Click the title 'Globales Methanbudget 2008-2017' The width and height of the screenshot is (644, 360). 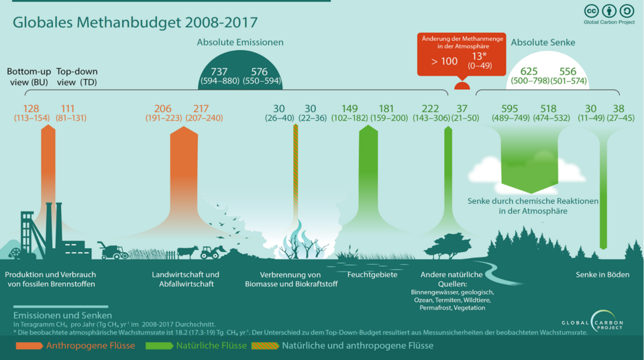coord(135,22)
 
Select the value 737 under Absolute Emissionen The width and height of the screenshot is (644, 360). coord(219,72)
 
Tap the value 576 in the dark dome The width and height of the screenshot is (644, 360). coord(260,72)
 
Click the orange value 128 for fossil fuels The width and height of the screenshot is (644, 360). coord(32,109)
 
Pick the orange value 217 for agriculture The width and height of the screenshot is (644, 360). coord(201,109)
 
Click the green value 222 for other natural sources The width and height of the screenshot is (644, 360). coord(430,109)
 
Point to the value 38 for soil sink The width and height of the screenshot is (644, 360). coord(618,109)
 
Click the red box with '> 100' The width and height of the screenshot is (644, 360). coord(444,61)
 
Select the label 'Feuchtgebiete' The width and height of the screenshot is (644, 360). coord(372,275)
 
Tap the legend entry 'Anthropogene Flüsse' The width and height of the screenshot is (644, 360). coord(90,346)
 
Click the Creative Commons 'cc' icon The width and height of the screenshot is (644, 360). coord(592,11)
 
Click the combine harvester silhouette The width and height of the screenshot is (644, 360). coord(112,251)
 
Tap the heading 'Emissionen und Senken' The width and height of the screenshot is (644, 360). coord(62,315)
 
